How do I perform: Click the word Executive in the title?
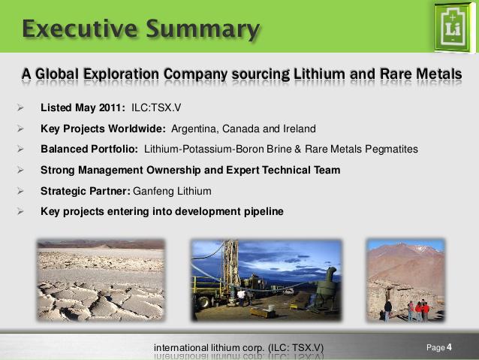click(80, 29)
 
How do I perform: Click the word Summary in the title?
click(203, 29)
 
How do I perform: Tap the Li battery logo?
click(453, 28)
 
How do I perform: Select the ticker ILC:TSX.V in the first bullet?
click(156, 107)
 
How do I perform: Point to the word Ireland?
click(300, 129)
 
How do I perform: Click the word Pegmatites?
click(391, 150)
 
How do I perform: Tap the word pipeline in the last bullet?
click(264, 212)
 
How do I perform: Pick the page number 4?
click(449, 347)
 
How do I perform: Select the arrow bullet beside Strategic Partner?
click(20, 192)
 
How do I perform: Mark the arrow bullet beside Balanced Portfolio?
click(20, 150)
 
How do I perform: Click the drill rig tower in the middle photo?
click(230, 268)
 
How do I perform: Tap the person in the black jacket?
click(387, 310)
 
